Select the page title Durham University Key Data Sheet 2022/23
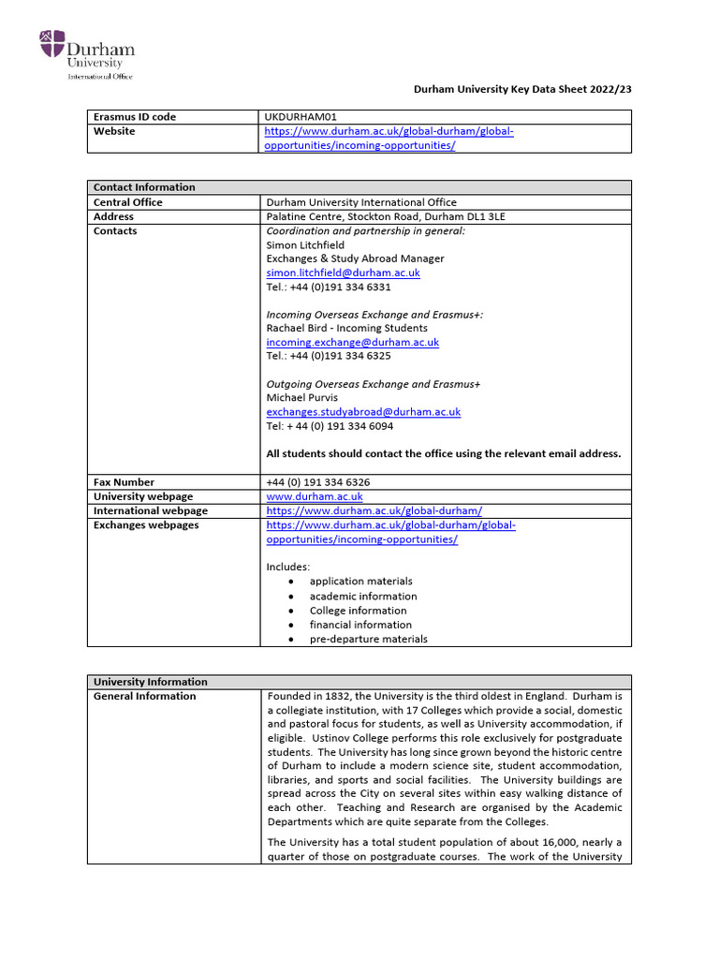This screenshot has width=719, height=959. (x=522, y=89)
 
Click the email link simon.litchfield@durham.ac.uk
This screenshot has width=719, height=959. (x=343, y=273)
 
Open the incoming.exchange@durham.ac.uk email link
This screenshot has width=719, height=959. (x=352, y=343)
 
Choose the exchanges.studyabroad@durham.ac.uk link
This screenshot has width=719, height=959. (x=363, y=412)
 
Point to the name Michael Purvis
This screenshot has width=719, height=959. (x=301, y=398)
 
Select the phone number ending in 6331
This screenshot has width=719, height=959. (x=329, y=288)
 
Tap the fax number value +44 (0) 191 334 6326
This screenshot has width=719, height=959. (x=324, y=482)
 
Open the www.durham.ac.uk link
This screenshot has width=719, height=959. (x=315, y=496)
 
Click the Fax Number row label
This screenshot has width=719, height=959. (x=125, y=482)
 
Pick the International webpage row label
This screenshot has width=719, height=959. (x=151, y=510)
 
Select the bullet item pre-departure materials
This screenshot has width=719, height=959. (x=368, y=639)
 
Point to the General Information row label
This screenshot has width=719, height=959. (x=145, y=696)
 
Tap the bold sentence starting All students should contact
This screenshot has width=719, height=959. (x=443, y=453)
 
